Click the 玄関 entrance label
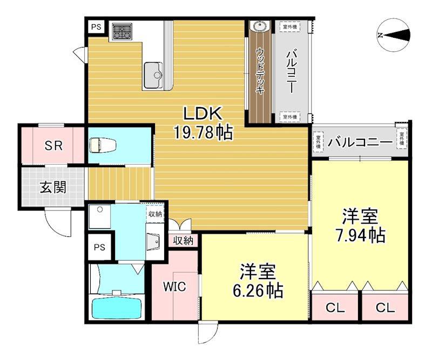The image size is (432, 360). coord(53,187)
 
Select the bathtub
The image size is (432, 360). coord(116,308)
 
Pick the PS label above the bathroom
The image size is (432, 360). coord(99,248)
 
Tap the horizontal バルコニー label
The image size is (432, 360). coord(361,142)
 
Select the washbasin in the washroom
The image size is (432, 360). coord(153,242)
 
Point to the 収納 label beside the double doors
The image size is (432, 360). coord(184,241)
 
